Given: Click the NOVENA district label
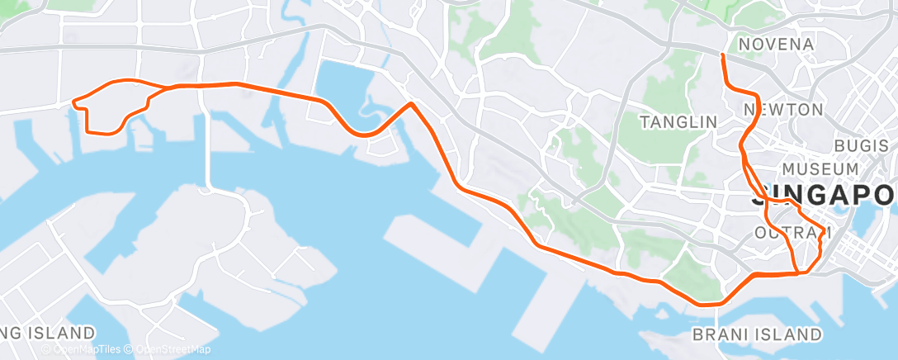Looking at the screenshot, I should [x=776, y=44].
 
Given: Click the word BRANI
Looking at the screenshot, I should [x=721, y=334].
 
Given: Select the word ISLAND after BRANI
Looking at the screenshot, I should [x=790, y=334].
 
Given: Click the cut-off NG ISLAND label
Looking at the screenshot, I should [x=48, y=334].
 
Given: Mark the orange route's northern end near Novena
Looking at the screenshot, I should [x=722, y=55].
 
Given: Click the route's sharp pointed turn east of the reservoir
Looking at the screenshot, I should [x=411, y=104].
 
